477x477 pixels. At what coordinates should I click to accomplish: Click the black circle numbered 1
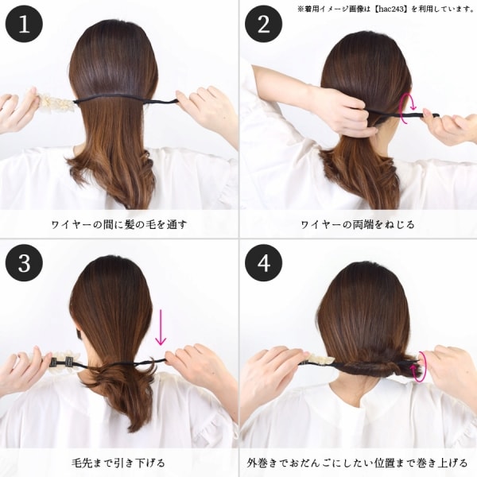pos(24,24)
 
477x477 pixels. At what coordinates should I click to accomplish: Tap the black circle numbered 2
pos(263,24)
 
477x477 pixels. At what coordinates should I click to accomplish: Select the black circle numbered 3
pos(24,263)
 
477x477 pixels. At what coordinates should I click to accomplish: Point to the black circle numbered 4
pos(263,263)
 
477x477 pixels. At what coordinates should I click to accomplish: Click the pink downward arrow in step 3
pos(161,327)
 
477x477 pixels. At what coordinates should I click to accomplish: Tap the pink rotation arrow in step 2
pos(408,109)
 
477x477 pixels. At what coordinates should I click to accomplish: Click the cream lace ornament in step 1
pos(57,99)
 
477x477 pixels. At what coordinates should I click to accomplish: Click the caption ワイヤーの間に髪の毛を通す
pos(118,225)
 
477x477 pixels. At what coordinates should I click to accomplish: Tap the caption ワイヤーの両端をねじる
pos(358,225)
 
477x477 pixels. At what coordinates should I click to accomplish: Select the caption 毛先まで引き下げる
pos(118,463)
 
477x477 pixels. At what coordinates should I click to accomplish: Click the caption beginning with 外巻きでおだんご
pos(358,463)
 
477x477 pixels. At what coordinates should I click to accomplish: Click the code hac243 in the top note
pos(391,9)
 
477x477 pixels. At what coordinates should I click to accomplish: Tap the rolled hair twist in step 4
pos(377,366)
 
